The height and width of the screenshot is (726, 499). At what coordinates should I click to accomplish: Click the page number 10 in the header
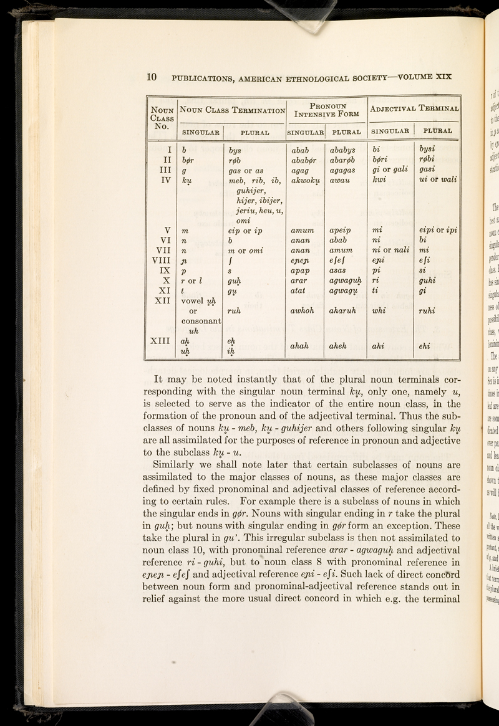pyautogui.click(x=151, y=77)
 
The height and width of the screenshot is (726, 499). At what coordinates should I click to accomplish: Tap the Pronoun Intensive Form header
pyautogui.click(x=326, y=110)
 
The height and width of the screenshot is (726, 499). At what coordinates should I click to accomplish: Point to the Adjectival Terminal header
pyautogui.click(x=414, y=110)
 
